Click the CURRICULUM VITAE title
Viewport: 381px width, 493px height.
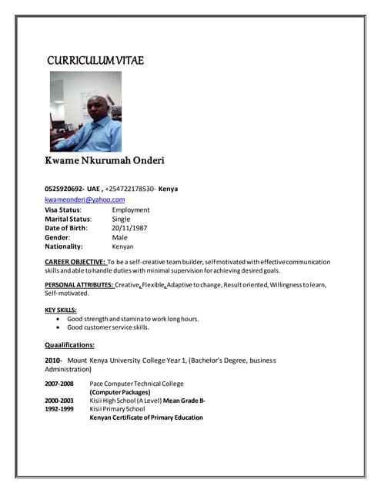(x=95, y=61)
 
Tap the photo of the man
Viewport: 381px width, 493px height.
(x=85, y=112)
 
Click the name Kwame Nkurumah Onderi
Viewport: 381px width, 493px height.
(x=105, y=161)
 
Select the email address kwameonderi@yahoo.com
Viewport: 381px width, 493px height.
(x=85, y=200)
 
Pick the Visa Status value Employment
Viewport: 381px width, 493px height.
(x=131, y=210)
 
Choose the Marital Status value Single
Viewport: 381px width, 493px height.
(x=122, y=219)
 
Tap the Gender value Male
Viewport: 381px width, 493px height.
(x=120, y=237)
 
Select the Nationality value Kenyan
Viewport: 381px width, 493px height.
(x=123, y=246)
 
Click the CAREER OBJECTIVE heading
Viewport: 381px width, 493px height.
(x=75, y=263)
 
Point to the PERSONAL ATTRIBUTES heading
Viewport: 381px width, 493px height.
(x=79, y=285)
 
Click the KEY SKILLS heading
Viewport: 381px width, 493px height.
(x=61, y=310)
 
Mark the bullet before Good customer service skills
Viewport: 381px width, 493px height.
(x=58, y=327)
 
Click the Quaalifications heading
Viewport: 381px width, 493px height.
(x=70, y=344)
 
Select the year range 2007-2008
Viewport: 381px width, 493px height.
(x=59, y=384)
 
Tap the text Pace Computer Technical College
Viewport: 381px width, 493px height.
(x=137, y=384)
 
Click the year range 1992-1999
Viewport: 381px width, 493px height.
(x=59, y=409)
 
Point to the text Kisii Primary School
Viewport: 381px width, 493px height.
(x=117, y=409)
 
